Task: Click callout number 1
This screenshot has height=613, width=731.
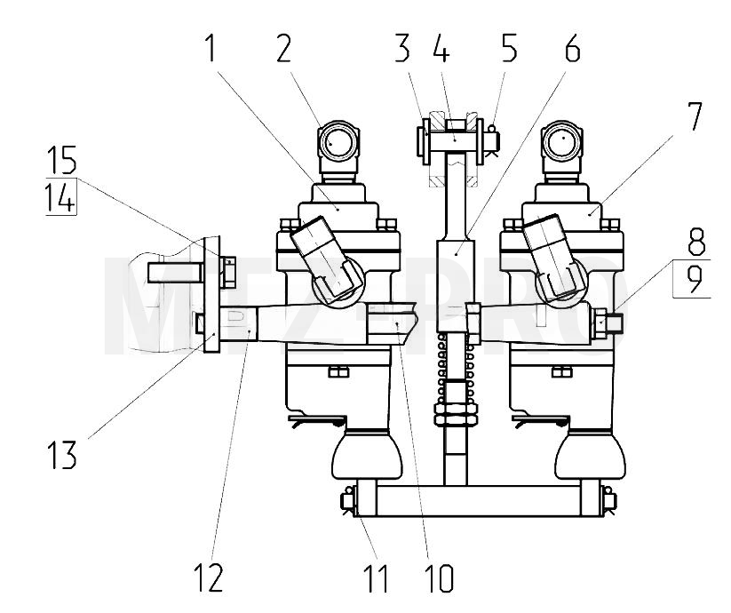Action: click(211, 48)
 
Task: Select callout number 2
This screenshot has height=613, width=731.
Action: click(283, 48)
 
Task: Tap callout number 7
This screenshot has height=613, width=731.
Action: click(695, 116)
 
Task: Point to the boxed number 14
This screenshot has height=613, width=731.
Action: click(60, 197)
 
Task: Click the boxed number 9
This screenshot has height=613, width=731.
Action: click(694, 279)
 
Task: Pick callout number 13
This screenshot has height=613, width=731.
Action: click(61, 455)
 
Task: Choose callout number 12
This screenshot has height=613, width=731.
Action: click(209, 577)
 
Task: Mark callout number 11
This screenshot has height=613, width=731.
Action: click(377, 578)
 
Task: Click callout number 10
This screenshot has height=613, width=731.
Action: click(440, 578)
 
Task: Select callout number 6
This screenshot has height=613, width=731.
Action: click(573, 48)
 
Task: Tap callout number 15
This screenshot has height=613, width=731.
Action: click(61, 160)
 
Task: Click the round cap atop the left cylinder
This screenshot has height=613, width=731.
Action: click(339, 139)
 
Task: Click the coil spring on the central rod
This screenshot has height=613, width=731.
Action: click(456, 366)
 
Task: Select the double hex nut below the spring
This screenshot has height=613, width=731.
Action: click(456, 414)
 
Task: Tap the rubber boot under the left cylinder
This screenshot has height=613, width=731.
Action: click(367, 455)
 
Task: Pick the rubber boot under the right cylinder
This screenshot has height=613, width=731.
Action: click(590, 455)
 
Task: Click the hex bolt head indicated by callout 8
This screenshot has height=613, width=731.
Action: click(600, 322)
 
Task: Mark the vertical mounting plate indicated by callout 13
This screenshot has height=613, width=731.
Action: click(212, 294)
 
